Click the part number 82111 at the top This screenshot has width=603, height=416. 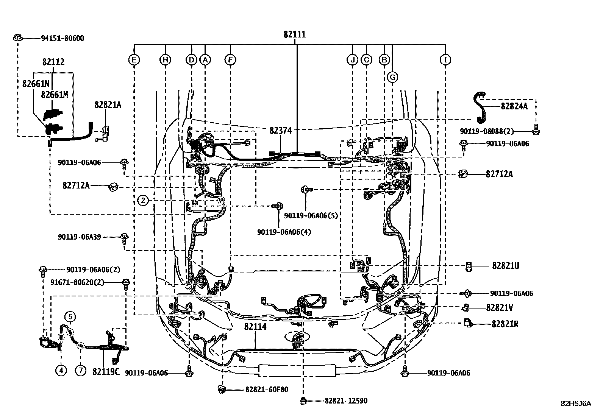tap(294, 34)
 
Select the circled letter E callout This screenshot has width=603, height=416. tap(134, 60)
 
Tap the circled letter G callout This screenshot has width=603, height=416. tap(392, 78)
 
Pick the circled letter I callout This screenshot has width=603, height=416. tap(445, 60)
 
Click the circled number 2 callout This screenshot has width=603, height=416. tap(143, 200)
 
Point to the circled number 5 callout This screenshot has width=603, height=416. tap(70, 316)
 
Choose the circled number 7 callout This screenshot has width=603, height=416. tap(80, 371)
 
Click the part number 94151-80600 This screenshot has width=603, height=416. tap(62, 38)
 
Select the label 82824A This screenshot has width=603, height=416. tap(514, 106)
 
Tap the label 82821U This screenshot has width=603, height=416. tap(505, 266)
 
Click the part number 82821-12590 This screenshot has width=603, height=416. tap(345, 401)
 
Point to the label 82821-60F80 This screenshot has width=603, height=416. tap(267, 389)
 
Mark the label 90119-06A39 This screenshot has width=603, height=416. tap(80, 237)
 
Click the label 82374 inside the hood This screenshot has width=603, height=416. tap(280, 131)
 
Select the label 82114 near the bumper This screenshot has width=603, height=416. tap(255, 326)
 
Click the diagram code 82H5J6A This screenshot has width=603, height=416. tap(575, 403)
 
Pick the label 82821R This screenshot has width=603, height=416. tap(505, 324)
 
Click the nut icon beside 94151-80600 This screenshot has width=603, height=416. tap(17, 38)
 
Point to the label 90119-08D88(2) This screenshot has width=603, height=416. tap(487, 131)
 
